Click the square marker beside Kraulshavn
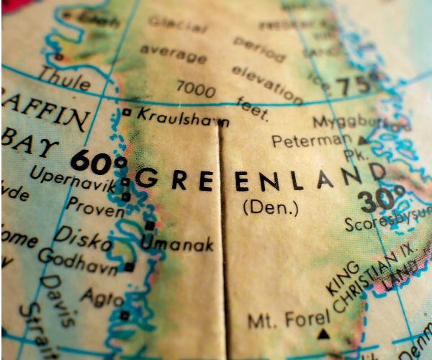click(127, 112)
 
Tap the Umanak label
click(177, 245)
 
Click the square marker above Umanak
click(150, 225)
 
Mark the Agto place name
click(102, 297)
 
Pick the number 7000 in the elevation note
click(196, 89)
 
